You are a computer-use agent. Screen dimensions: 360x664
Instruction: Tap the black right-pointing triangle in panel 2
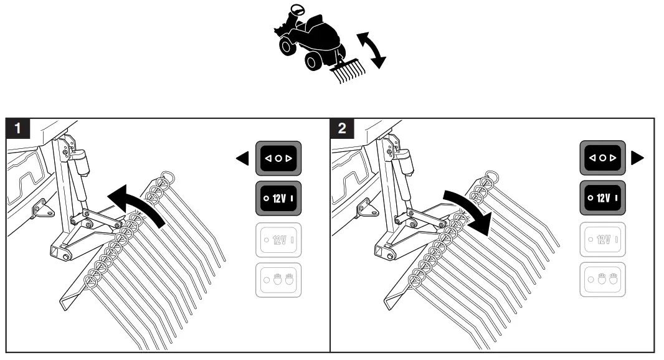tap(637, 159)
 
